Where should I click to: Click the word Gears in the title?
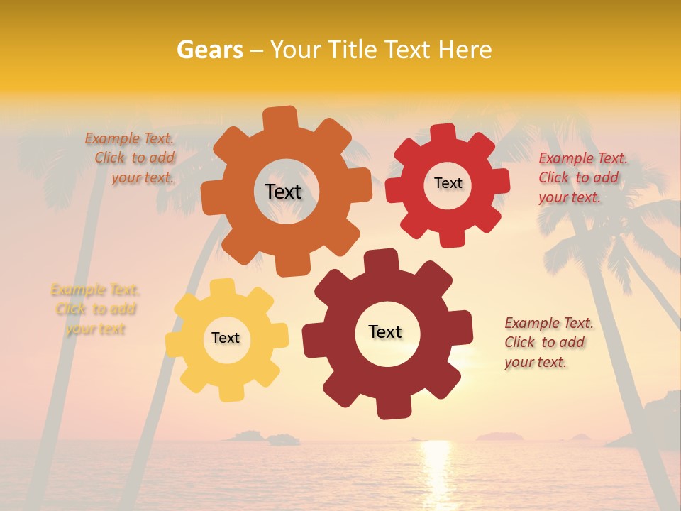click(x=209, y=50)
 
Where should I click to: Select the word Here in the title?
click(x=465, y=50)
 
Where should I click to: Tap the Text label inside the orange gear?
click(x=283, y=192)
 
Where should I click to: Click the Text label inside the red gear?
click(x=448, y=183)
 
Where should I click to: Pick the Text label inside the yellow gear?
click(x=226, y=338)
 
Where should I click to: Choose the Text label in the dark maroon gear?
click(x=385, y=331)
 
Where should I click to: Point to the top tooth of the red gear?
click(x=443, y=133)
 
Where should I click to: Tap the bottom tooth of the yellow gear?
click(x=230, y=392)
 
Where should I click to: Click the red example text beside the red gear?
click(x=582, y=177)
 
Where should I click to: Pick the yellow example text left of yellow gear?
click(x=95, y=309)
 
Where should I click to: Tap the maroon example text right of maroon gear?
click(x=548, y=342)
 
